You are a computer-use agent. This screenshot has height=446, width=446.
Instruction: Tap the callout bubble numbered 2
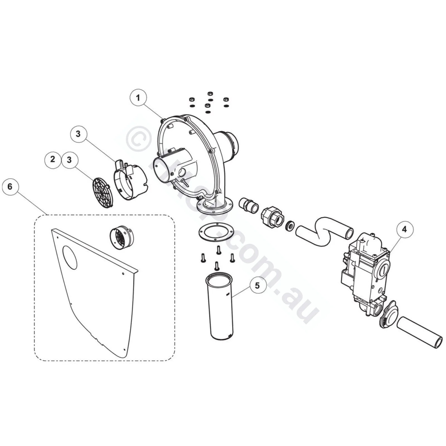coord(53,159)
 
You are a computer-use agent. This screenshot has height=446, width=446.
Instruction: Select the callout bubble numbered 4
coord(404,229)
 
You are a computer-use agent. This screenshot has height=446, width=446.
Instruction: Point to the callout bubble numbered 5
coord(257,285)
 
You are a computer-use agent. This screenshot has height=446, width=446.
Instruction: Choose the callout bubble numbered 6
coord(10,186)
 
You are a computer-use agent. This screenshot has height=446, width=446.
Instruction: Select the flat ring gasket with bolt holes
coord(214,231)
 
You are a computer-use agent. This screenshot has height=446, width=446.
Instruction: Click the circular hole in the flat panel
coord(69,257)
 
